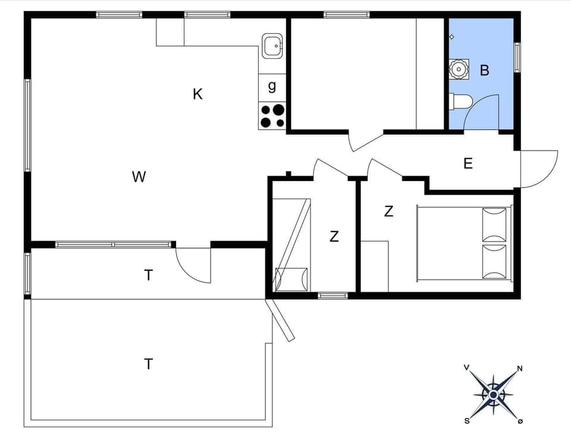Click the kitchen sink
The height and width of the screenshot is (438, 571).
[x=272, y=46]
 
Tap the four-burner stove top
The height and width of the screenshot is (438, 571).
[x=272, y=116]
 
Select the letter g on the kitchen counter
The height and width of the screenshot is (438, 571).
[x=272, y=86]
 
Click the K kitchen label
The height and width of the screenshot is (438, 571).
[x=198, y=94]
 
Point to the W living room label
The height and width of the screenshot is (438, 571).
[x=139, y=177]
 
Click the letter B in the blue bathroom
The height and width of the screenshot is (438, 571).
[x=485, y=70]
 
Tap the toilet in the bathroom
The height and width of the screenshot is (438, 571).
[x=461, y=102]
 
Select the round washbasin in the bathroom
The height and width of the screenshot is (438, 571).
[x=459, y=69]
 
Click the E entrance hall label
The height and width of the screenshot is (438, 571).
[x=468, y=164]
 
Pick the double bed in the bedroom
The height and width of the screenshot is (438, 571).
[x=464, y=243]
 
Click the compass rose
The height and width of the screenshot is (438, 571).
[x=493, y=395]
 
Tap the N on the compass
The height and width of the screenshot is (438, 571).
[x=520, y=368]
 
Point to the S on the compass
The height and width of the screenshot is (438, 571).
[x=467, y=421]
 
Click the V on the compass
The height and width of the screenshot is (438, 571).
[x=467, y=368]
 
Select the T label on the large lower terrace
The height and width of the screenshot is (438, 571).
[x=148, y=364]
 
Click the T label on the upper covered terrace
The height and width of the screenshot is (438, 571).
[x=148, y=275]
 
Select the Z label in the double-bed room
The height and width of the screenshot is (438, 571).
[x=388, y=211]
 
